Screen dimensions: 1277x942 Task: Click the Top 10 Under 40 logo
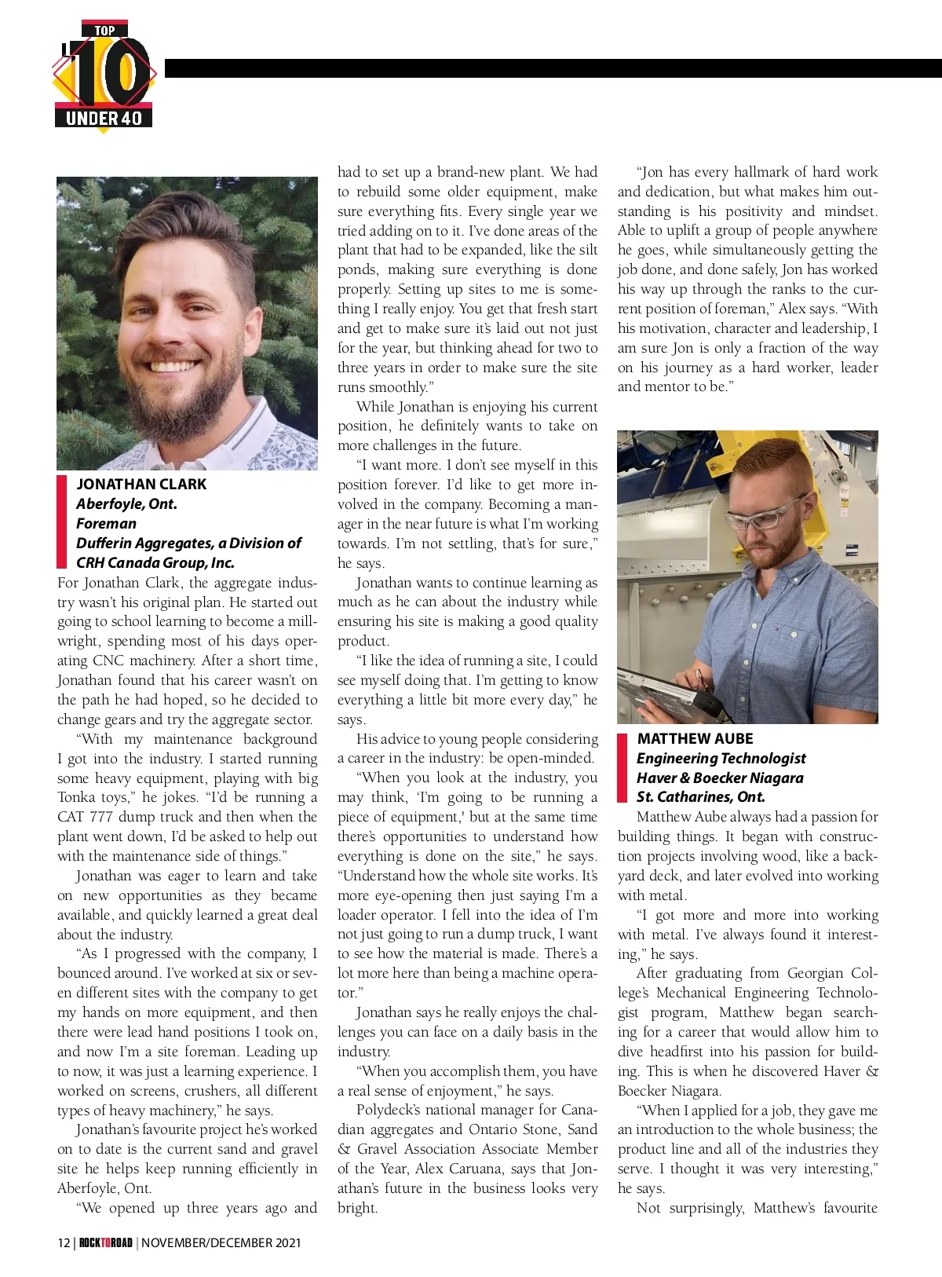(x=104, y=76)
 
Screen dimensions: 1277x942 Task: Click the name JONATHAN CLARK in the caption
(x=141, y=484)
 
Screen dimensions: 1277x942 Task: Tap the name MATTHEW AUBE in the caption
(x=695, y=738)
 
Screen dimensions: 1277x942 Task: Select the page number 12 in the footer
(x=64, y=1242)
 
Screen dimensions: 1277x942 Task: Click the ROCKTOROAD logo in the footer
(x=105, y=1242)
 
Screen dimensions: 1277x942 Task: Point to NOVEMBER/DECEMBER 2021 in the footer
(x=221, y=1242)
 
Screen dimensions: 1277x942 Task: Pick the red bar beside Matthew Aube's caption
(x=622, y=767)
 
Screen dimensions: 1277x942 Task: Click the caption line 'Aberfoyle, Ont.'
(x=126, y=503)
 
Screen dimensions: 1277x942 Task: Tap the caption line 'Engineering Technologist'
(x=721, y=758)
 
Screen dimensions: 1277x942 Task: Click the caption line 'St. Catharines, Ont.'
(x=700, y=796)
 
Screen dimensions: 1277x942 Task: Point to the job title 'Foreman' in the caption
(x=106, y=523)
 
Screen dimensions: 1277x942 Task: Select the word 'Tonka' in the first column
(x=78, y=797)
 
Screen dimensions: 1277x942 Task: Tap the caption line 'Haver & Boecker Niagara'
(x=720, y=778)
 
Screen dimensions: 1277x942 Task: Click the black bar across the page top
(x=549, y=68)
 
